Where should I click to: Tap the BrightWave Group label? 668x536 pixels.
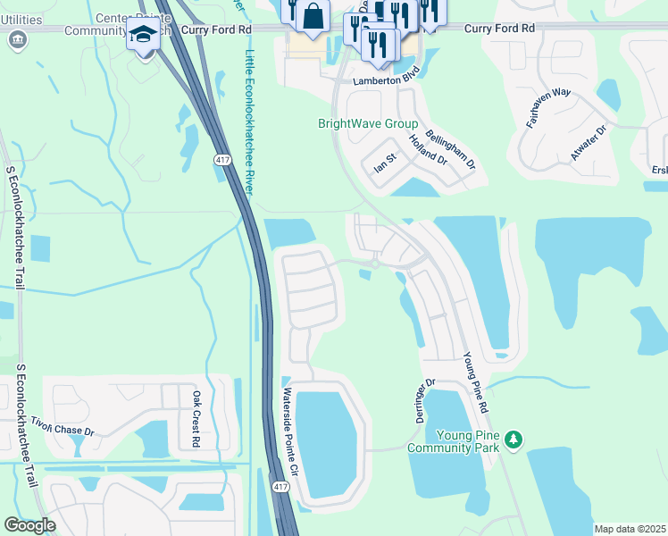tap(368, 123)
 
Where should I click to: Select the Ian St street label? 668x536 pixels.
tap(384, 164)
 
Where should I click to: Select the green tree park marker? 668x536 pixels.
tap(514, 440)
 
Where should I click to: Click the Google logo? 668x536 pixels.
tap(29, 524)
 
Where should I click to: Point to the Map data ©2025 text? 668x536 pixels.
tap(629, 529)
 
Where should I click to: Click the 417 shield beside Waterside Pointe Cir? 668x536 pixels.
tap(280, 486)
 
